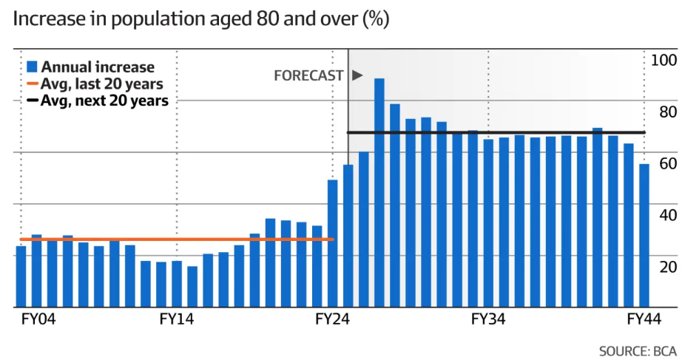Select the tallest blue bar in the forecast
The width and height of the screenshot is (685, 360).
pyautogui.click(x=379, y=192)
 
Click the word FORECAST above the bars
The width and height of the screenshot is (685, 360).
pyautogui.click(x=308, y=75)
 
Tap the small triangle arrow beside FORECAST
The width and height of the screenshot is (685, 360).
pyautogui.click(x=357, y=75)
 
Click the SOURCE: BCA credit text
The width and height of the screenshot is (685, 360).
pyautogui.click(x=638, y=350)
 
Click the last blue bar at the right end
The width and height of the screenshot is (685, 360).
pyautogui.click(x=644, y=235)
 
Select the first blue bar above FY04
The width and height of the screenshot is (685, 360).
pyautogui.click(x=21, y=276)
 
